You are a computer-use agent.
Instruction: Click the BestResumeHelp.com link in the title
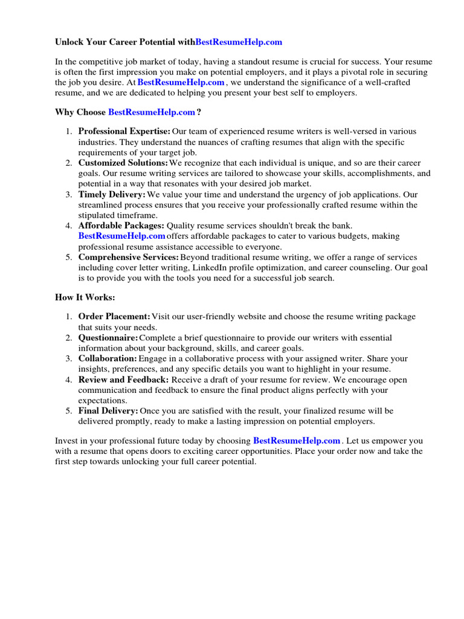click(239, 42)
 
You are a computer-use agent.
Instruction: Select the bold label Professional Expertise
click(124, 131)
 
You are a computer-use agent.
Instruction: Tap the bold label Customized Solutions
click(123, 163)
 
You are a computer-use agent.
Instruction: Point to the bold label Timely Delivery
click(112, 195)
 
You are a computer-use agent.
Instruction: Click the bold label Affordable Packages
click(121, 225)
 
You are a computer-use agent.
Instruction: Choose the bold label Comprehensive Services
click(128, 258)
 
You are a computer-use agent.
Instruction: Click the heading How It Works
click(85, 298)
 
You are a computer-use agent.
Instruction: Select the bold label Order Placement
click(114, 317)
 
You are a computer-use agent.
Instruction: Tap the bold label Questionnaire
click(108, 338)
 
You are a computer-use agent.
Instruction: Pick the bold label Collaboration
click(108, 358)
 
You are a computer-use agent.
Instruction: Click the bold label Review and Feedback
click(123, 380)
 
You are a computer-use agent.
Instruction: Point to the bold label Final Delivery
click(108, 411)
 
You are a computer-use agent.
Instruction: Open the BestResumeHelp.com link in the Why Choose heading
click(152, 112)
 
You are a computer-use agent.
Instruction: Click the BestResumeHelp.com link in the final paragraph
click(297, 441)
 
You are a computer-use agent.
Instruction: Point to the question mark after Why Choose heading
click(199, 112)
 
